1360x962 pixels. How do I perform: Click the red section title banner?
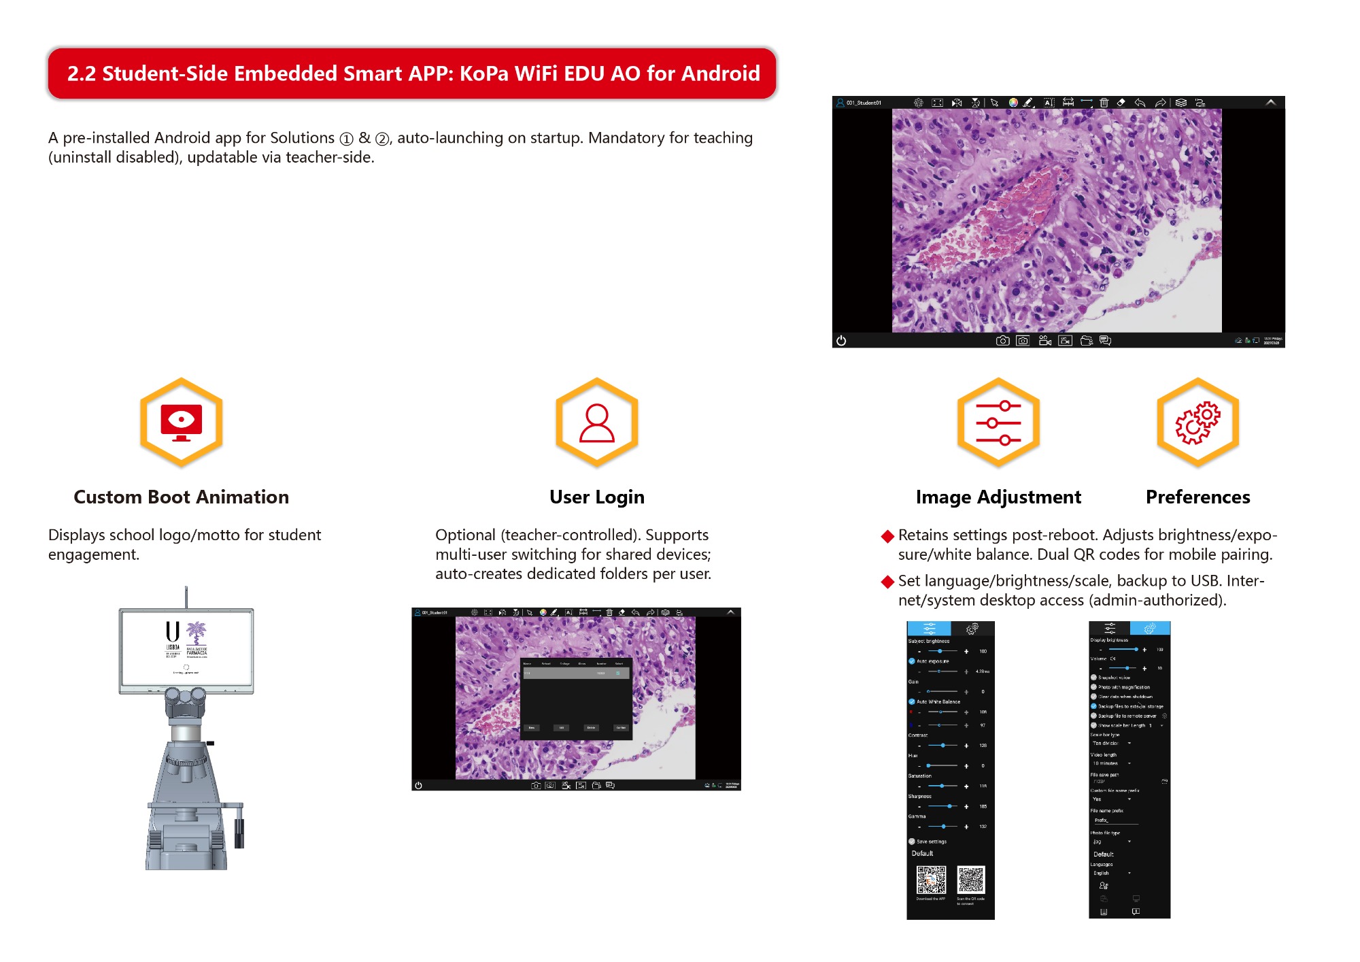(411, 73)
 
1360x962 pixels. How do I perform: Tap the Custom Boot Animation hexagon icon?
(181, 422)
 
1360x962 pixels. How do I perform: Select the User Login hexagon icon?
(596, 422)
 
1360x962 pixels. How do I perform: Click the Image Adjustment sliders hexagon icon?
(998, 422)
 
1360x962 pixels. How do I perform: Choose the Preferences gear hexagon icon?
(1197, 422)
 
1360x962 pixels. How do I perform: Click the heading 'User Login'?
(596, 497)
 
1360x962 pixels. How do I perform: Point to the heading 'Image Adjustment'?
(998, 497)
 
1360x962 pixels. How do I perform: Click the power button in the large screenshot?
(841, 340)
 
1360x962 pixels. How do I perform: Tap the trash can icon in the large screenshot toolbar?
(1104, 103)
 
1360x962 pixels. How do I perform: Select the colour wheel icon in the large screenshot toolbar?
(1013, 103)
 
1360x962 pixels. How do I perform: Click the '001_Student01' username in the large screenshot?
(864, 103)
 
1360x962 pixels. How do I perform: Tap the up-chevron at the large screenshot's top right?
(1270, 103)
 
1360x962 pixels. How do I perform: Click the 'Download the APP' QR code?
(931, 880)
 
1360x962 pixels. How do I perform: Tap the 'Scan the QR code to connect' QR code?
(970, 880)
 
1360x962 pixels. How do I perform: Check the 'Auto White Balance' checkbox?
(912, 701)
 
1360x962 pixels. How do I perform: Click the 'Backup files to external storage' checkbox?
(1093, 706)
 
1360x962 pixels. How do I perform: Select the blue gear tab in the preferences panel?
(1150, 628)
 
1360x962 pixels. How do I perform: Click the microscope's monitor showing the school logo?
(186, 650)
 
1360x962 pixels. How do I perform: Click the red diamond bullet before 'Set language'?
(887, 582)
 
